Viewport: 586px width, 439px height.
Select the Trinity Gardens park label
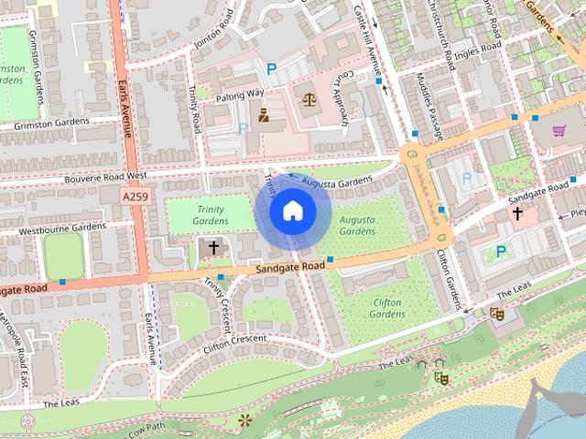(210, 214)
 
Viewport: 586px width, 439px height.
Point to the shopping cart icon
(559, 131)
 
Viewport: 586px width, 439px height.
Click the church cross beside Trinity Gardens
(213, 247)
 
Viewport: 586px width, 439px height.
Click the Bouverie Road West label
(106, 176)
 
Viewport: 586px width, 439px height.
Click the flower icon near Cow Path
(244, 421)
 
